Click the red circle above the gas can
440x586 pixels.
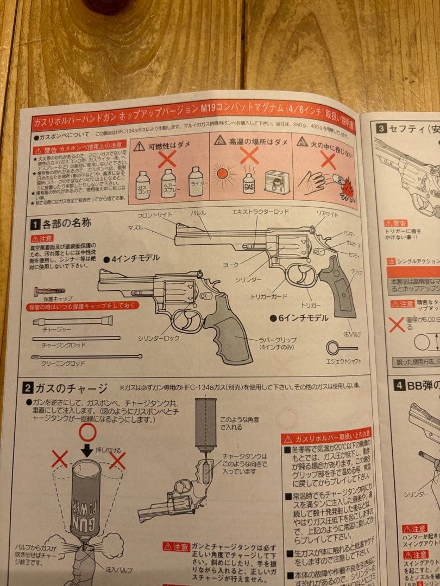pos(87,432)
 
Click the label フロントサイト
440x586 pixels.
pos(161,215)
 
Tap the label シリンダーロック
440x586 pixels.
pos(158,337)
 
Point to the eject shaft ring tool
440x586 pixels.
pos(341,347)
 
